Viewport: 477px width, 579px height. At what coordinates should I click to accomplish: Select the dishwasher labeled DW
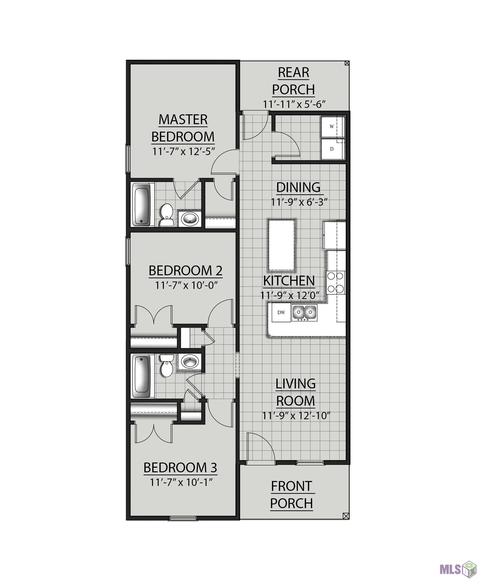[281, 312]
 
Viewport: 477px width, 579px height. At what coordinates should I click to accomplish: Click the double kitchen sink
[304, 313]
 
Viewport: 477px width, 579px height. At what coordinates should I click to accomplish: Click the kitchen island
[281, 245]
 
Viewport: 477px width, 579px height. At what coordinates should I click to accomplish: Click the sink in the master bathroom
[190, 219]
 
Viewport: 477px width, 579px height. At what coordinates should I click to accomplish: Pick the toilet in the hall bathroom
[167, 365]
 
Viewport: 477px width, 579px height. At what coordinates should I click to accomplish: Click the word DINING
[298, 187]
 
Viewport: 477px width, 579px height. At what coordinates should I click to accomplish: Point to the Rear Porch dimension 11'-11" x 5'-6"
[294, 105]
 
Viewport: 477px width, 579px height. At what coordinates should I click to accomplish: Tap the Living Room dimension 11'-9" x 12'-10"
[296, 416]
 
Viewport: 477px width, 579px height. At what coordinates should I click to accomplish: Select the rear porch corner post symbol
[347, 63]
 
